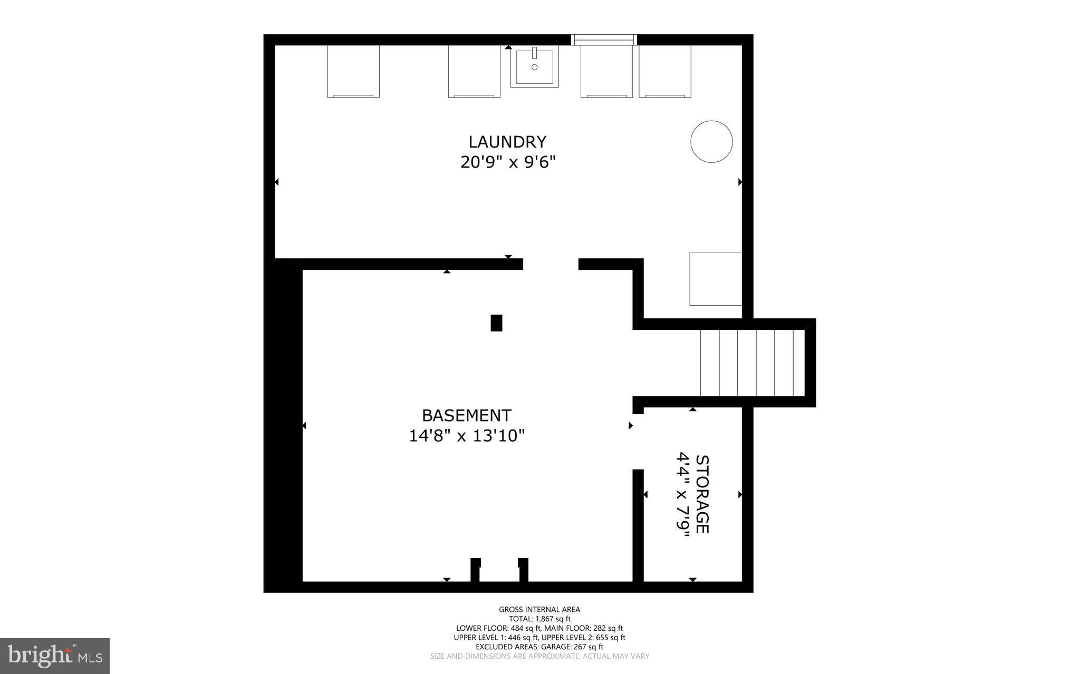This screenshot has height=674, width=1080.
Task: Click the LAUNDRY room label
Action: point(507,142)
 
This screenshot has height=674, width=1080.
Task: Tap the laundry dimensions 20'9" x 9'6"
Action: point(508,162)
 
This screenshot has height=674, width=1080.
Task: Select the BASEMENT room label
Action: point(467,416)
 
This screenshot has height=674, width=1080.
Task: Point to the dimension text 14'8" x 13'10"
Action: point(467,436)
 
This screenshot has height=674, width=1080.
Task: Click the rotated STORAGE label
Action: point(702,494)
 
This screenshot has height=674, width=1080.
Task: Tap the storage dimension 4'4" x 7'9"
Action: point(683,494)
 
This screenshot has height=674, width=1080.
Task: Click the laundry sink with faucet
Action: point(534,67)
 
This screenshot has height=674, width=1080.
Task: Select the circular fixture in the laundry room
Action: point(711,141)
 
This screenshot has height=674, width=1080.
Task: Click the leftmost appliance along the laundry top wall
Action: point(353,72)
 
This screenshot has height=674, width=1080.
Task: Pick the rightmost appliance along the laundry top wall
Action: point(664,72)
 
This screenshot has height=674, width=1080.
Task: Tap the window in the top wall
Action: point(604,40)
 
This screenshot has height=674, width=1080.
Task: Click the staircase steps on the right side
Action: point(751,363)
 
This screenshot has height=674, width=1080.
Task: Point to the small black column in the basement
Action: point(496,323)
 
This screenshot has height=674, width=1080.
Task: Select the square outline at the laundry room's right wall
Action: point(716,279)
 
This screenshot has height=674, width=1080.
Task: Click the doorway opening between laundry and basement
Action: point(551,264)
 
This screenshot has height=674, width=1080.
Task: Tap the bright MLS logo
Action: point(55,656)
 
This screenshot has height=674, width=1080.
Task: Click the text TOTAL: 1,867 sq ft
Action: point(539,619)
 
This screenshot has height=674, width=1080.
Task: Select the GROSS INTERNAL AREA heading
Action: point(539,610)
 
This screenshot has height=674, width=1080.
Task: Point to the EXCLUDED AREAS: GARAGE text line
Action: point(539,647)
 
